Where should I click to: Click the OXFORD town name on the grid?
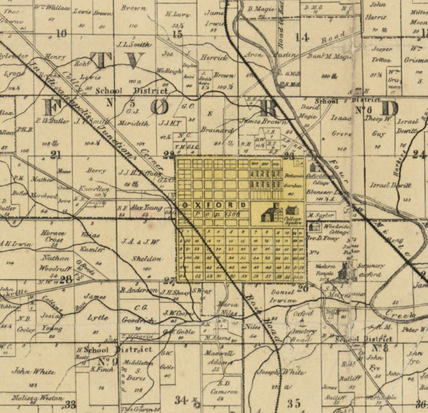[x=214, y=205]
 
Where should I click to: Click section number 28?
[x=65, y=279]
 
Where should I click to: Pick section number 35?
[x=294, y=402]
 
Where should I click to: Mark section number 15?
[x=177, y=35]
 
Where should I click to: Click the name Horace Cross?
[x=56, y=236]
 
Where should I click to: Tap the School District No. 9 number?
[x=108, y=361]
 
